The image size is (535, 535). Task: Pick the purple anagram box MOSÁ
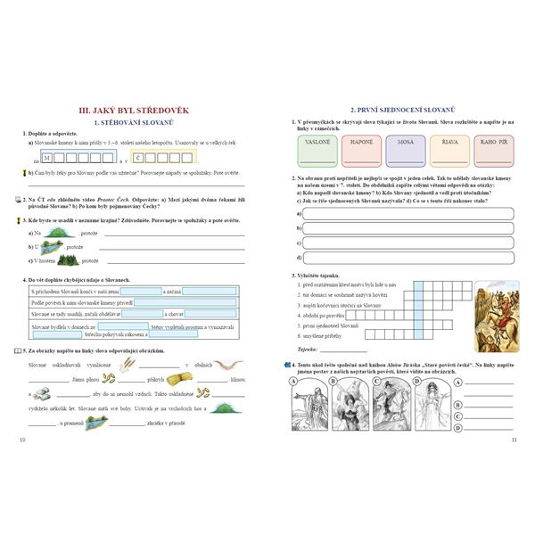pos(405,149)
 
